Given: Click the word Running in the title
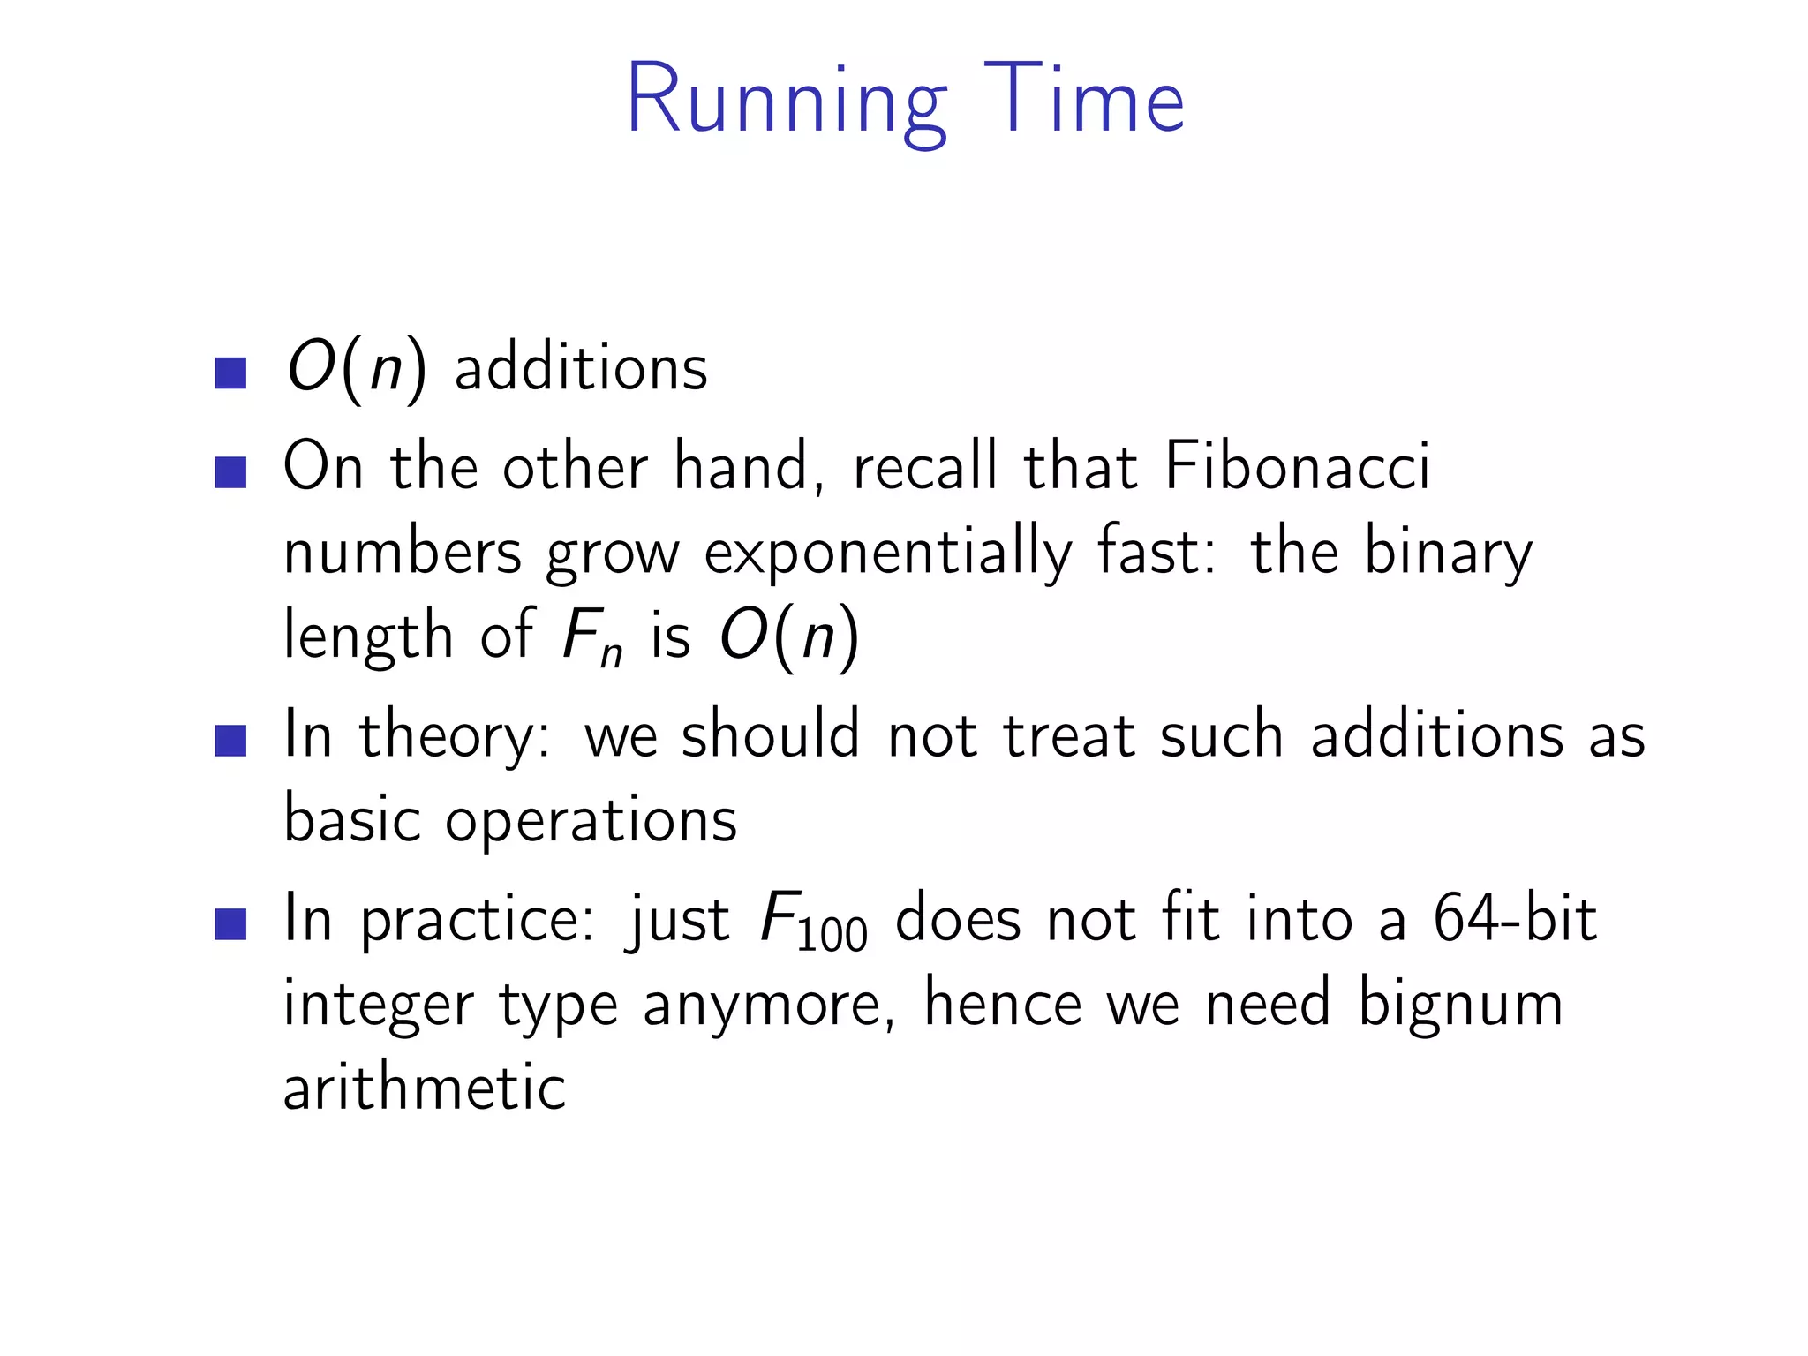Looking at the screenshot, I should tap(787, 102).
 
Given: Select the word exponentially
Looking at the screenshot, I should tap(888, 554).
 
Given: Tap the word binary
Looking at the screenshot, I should tap(1448, 554).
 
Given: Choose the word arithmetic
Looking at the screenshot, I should tap(425, 1089).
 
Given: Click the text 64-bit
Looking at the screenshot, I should tap(1514, 919).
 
